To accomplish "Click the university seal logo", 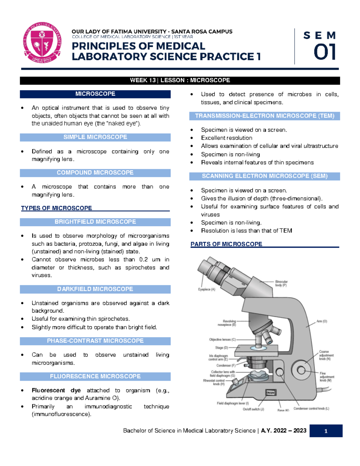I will (x=42, y=42).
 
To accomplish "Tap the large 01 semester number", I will (x=324, y=52).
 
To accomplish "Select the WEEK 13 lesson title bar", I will (x=180, y=80).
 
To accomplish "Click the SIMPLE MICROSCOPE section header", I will (x=95, y=137).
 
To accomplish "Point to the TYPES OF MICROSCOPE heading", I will (x=56, y=208).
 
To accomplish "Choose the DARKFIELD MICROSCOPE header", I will (x=95, y=289).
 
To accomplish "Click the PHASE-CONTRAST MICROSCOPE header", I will (x=95, y=341).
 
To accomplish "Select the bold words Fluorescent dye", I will (x=56, y=390).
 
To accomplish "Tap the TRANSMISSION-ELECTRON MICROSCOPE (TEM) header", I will (x=264, y=116).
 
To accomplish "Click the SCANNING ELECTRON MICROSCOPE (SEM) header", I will (x=264, y=176).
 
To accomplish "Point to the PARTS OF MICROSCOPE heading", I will (x=226, y=244).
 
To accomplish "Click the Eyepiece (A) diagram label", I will (x=206, y=290).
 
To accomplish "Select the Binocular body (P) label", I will (x=281, y=284).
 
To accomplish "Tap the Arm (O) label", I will (x=322, y=321).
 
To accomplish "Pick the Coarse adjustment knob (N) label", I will (x=326, y=355).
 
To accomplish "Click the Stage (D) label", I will (x=221, y=348).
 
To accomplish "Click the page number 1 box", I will (x=326, y=431).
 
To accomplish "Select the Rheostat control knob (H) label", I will (x=214, y=382).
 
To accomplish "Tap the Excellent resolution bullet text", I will (x=226, y=138).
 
